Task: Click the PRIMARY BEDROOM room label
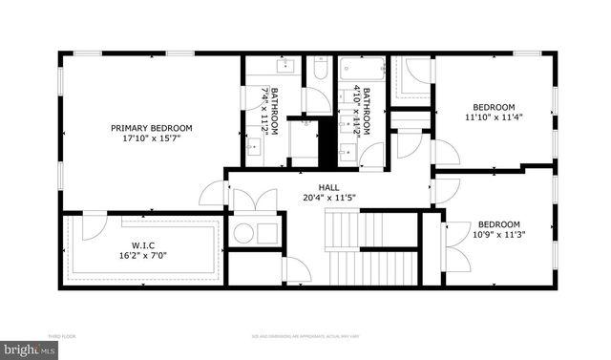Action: click(151, 128)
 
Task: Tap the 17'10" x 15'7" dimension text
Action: click(151, 138)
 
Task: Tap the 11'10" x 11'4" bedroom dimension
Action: click(494, 117)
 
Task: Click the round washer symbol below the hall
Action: click(243, 233)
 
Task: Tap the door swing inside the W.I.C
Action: click(93, 228)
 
